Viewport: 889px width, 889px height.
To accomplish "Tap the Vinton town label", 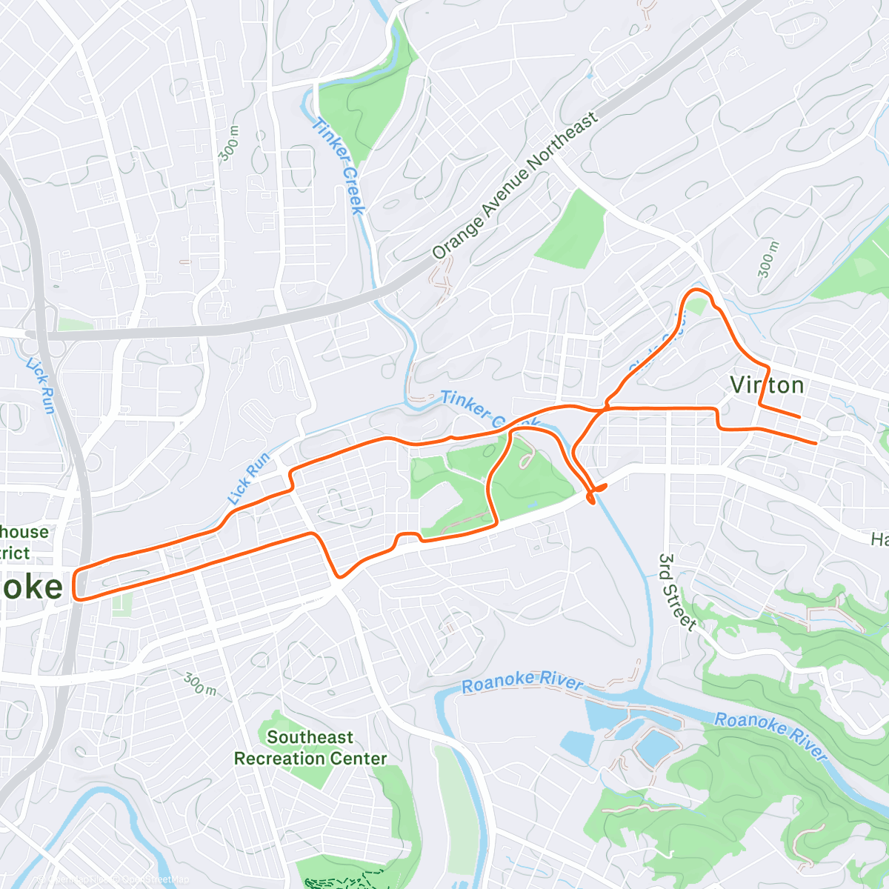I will [x=767, y=385].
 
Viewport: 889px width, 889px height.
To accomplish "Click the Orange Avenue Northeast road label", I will [x=515, y=186].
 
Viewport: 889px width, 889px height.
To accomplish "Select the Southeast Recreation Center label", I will [x=310, y=748].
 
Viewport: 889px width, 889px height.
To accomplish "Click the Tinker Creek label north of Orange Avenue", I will [x=338, y=166].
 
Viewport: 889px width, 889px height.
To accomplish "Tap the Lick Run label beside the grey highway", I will [x=41, y=385].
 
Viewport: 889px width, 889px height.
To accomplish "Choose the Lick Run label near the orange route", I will [x=248, y=478].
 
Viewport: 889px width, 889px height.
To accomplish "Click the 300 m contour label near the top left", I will [x=229, y=144].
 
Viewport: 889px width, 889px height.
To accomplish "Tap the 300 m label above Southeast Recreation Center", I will [x=200, y=684].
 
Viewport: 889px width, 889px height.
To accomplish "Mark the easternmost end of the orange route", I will [x=816, y=443].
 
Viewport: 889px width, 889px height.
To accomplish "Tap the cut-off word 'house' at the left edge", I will [x=24, y=532].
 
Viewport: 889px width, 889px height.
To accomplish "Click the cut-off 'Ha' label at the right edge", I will [x=879, y=539].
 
